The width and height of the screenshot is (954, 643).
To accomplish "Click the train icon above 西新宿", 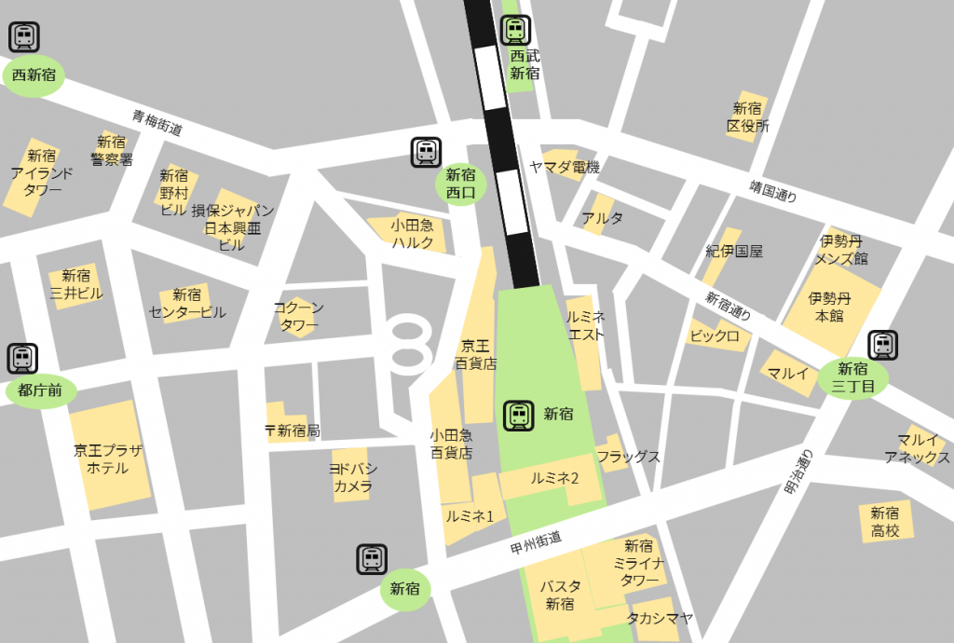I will coord(24,37).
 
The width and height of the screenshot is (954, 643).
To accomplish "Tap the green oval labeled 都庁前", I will coord(39,391).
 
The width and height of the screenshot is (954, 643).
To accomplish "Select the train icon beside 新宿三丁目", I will coord(882,346).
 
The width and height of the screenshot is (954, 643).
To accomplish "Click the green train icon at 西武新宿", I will coord(515,30).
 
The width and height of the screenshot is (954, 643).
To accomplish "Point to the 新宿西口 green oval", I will coord(461,184).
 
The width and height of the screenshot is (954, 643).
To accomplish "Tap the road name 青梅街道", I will coord(157,124).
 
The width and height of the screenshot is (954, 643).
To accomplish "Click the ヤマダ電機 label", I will coord(565,168).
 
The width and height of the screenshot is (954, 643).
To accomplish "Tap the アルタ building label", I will coord(602,218).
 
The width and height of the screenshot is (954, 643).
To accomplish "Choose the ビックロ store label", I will coord(715,335).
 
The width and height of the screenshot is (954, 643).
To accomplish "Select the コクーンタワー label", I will coord(299,316).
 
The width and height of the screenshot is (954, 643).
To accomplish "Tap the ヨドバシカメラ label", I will coord(353,477).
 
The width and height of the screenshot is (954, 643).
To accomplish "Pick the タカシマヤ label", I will coord(660,617).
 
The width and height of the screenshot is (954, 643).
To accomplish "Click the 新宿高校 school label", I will coord(884,522).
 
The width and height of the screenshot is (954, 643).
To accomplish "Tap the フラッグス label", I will coord(629,457).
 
